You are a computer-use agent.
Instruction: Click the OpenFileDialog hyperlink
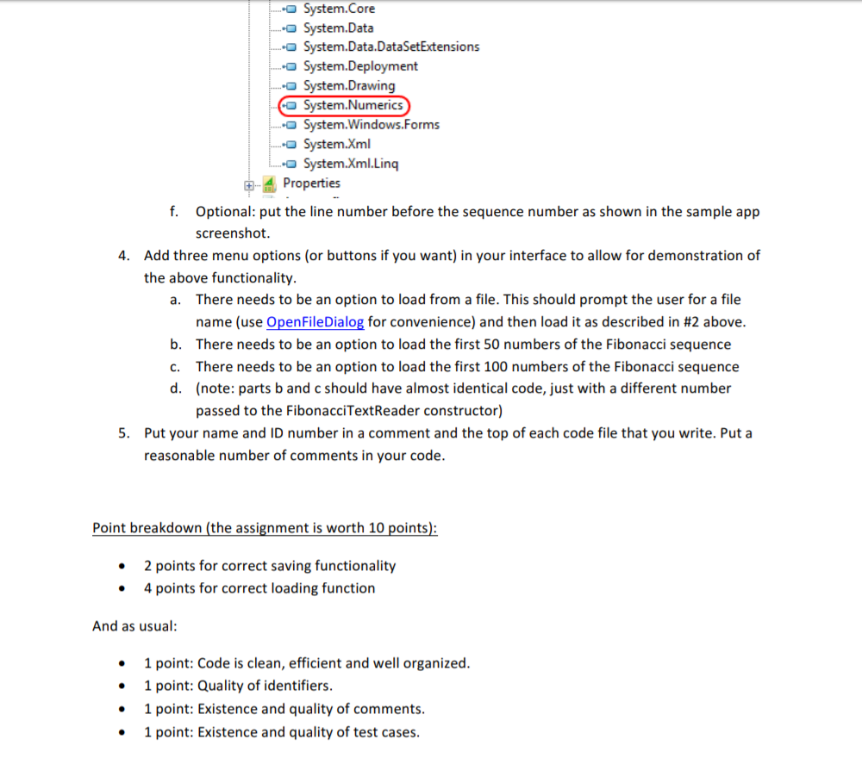click(315, 322)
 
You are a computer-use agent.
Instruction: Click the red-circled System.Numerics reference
click(353, 105)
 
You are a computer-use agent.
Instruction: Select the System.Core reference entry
click(339, 9)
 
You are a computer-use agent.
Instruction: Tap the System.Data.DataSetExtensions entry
click(391, 47)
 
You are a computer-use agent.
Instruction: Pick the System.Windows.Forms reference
click(371, 125)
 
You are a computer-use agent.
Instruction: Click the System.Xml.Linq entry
click(351, 164)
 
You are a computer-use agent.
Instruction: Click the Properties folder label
click(311, 183)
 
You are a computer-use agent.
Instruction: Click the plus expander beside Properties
click(249, 184)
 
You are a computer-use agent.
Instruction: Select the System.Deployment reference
click(360, 66)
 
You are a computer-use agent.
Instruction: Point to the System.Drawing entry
click(349, 85)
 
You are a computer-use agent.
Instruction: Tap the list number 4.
click(124, 256)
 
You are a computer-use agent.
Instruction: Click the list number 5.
click(124, 433)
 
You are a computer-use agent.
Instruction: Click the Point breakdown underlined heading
click(265, 528)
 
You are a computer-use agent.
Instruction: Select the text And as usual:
click(134, 626)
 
